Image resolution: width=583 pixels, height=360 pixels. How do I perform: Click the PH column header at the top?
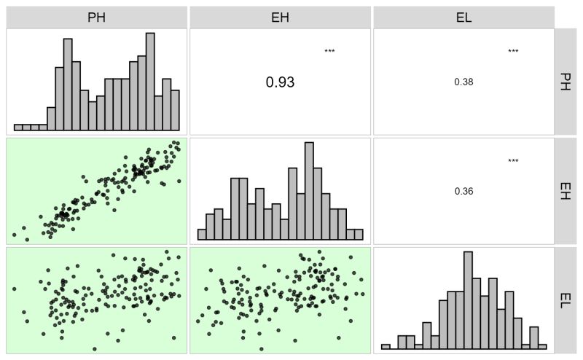pos(96,17)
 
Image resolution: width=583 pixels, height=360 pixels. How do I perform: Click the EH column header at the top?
pos(280,17)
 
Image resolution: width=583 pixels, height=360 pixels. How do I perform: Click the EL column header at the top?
pos(463,17)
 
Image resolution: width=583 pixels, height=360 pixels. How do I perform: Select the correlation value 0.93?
pos(280,82)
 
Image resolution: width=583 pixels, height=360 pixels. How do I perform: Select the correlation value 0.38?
pos(463,82)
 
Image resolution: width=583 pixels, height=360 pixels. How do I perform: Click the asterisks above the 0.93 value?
pos(329,51)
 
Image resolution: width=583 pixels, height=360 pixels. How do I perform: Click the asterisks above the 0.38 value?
pos(513,51)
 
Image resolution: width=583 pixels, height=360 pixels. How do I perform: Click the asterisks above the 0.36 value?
pos(513,161)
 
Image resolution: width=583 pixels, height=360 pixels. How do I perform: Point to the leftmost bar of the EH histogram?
pos(202,235)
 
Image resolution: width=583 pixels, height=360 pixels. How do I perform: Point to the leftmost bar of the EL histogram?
pos(386,347)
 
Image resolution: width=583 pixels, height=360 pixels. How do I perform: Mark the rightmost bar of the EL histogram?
pos(543,347)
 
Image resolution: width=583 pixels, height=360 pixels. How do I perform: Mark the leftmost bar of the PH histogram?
pos(18,128)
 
